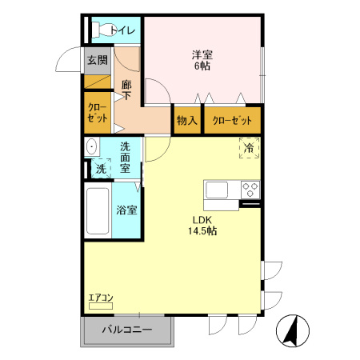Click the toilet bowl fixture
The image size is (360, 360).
pyautogui.click(x=102, y=30)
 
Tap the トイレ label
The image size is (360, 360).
pyautogui.click(x=123, y=30)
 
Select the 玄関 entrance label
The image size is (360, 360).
pyautogui.click(x=98, y=60)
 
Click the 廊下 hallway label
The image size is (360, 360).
pyautogui.click(x=126, y=90)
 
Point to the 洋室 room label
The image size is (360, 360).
pyautogui.click(x=202, y=55)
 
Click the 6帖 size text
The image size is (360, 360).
pyautogui.click(x=202, y=66)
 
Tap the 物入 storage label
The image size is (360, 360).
pyautogui.click(x=187, y=121)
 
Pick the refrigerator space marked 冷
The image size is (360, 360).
pyautogui.click(x=250, y=148)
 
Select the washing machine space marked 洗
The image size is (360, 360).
pyautogui.click(x=101, y=168)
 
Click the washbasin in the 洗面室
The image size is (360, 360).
pyautogui.click(x=92, y=146)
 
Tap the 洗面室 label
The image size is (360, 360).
pyautogui.click(x=125, y=158)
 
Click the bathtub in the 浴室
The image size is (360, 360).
pyautogui.click(x=98, y=210)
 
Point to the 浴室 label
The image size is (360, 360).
pyautogui.click(x=126, y=210)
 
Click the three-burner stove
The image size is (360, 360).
pyautogui.click(x=250, y=190)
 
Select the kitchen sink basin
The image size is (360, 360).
pyautogui.click(x=217, y=190)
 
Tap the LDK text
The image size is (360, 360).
pyautogui.click(x=202, y=220)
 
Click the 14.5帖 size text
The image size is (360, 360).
pyautogui.click(x=202, y=230)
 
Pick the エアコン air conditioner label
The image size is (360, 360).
pyautogui.click(x=101, y=298)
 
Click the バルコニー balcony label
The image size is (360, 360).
pyautogui.click(x=127, y=330)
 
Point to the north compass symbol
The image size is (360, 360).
pyautogui.click(x=293, y=330)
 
